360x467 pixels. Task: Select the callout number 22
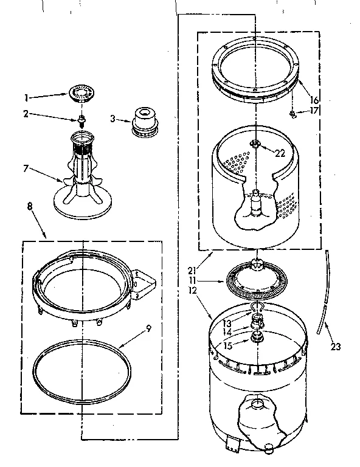click(280, 153)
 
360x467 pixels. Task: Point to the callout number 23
click(334, 347)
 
